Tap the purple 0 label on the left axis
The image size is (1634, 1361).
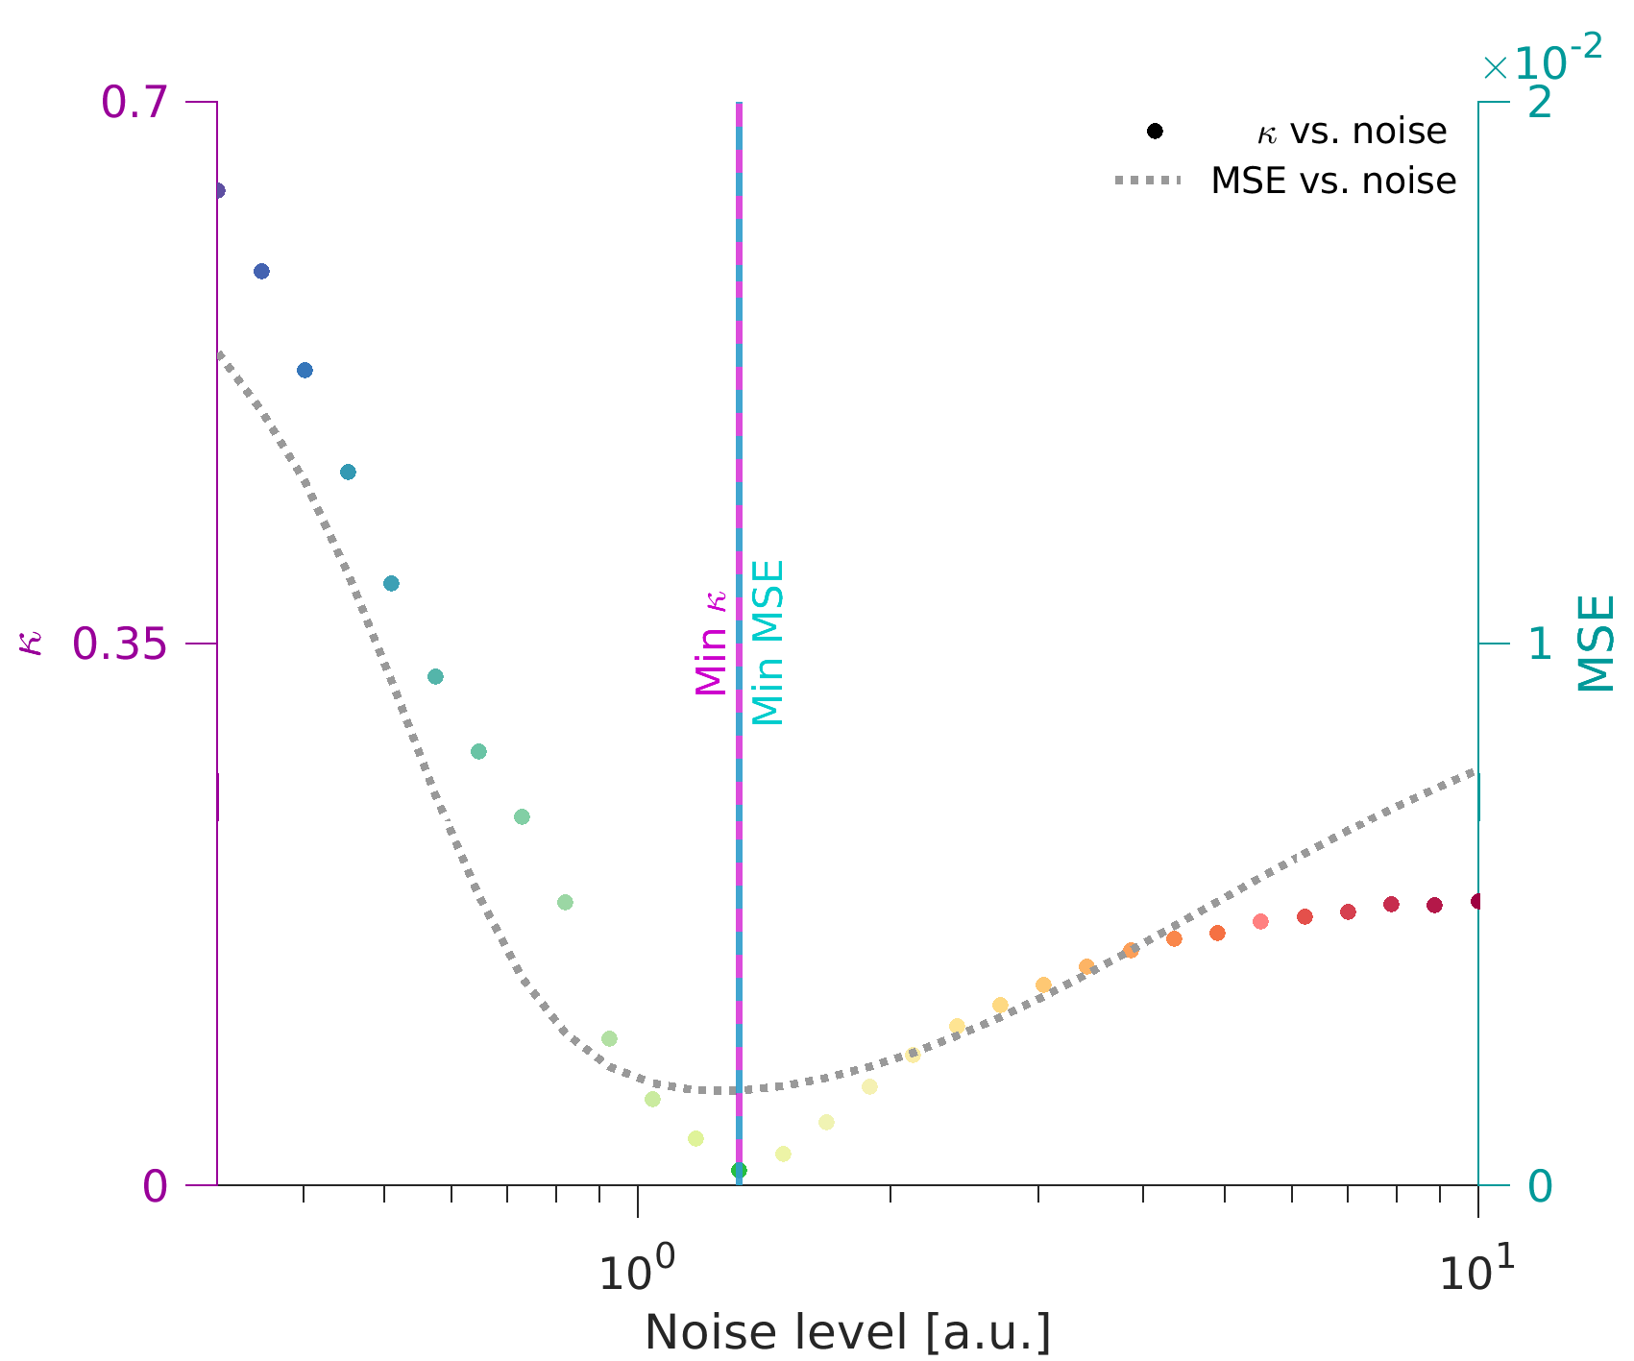(155, 1187)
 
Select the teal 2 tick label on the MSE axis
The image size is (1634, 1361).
(1539, 103)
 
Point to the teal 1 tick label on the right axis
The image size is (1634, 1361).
(1539, 644)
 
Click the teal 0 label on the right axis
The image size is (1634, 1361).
(1539, 1187)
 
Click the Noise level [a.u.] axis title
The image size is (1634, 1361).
(847, 1333)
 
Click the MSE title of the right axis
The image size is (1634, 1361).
(1597, 644)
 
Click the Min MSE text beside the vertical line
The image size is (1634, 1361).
(768, 643)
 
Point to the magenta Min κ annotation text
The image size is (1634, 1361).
(712, 643)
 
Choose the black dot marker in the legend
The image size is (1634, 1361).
(1155, 131)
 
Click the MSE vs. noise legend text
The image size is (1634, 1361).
(1333, 181)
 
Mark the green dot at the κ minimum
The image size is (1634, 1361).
(739, 1170)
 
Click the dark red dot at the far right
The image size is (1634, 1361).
(1477, 901)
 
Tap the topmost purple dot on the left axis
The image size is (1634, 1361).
(218, 190)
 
